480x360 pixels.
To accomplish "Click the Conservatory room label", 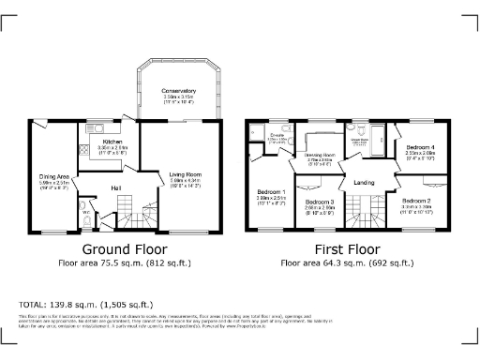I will click(178, 92).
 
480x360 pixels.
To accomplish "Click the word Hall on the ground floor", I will click(116, 188).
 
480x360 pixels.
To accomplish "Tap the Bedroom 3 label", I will click(321, 202).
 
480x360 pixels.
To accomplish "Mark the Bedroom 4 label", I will click(418, 148).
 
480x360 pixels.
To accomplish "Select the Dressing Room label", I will click(321, 154).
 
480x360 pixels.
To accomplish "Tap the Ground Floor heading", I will click(126, 250).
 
